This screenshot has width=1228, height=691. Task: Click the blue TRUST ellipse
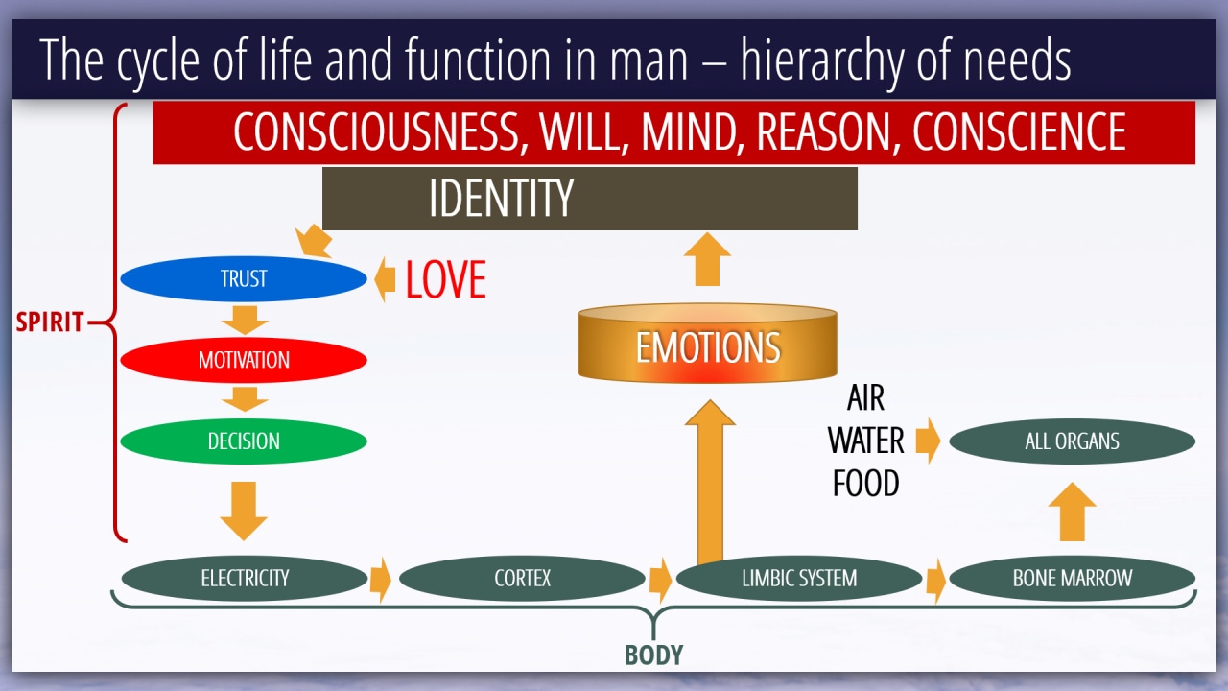tap(244, 278)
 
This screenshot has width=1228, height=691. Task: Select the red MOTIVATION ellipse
tap(244, 360)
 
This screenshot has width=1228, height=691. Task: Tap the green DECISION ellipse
tap(244, 441)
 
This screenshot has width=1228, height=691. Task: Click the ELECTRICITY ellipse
tap(245, 578)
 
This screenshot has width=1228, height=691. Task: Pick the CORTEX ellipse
tap(522, 578)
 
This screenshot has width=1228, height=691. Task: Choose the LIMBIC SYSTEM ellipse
tap(799, 578)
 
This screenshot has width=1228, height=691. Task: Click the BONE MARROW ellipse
tap(1073, 578)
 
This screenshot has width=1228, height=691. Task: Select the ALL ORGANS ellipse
tap(1073, 441)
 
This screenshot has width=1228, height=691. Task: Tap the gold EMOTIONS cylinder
tap(707, 344)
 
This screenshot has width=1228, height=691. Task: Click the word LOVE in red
tap(446, 279)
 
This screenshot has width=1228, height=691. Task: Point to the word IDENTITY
tap(501, 198)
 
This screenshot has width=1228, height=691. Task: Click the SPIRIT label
tap(49, 322)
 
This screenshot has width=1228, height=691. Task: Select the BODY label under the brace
tap(654, 655)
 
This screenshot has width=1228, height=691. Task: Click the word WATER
tap(866, 441)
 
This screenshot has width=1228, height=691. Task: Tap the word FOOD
tap(866, 483)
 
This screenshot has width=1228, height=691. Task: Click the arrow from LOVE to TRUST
tap(385, 279)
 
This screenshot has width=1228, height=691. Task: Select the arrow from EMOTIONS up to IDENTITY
tap(707, 259)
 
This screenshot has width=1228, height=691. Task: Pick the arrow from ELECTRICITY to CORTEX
tap(381, 580)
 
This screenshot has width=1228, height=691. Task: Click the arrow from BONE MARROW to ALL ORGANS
tap(1073, 512)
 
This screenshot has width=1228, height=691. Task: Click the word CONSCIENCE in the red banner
tap(1019, 131)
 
